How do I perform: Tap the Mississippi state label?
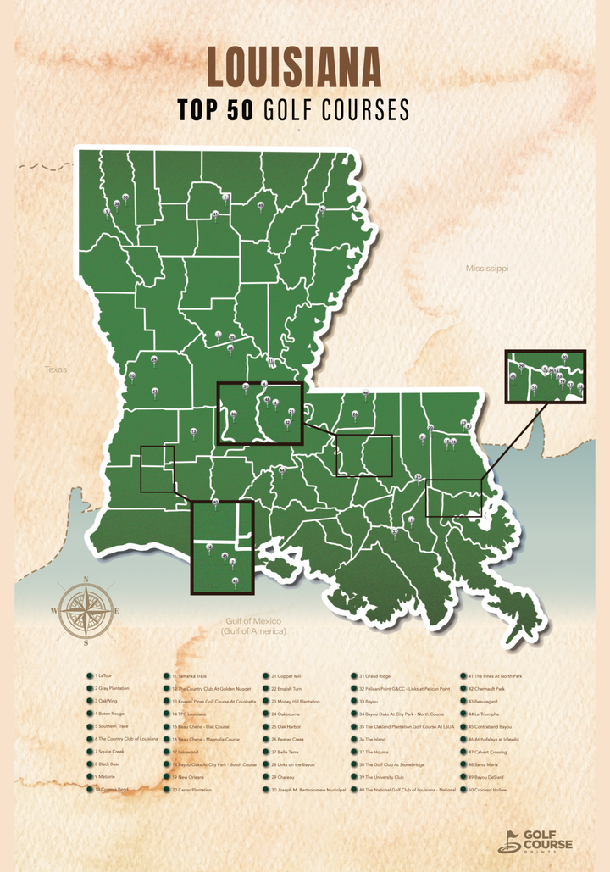pos(486,268)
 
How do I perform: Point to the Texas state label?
pos(55,369)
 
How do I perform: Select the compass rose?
pos(86,609)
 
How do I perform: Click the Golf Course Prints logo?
pos(535,841)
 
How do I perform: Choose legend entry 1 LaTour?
pos(106,676)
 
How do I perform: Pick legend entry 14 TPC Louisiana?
pos(188,714)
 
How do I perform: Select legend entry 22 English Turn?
pos(289,689)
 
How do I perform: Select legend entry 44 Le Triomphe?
pos(484,714)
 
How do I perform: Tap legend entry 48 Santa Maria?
pos(485,764)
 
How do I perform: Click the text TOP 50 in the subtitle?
pos(215,110)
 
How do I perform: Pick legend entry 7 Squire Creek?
pos(109,752)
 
